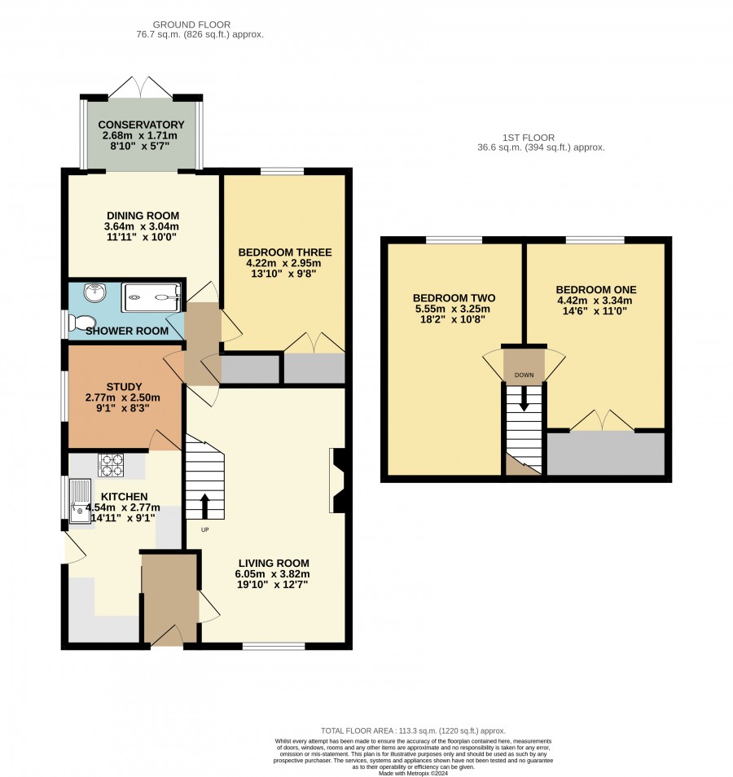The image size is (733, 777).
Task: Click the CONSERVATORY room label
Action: [x=141, y=125]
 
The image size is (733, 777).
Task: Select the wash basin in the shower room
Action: [x=94, y=292]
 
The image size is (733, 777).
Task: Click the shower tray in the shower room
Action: [x=151, y=297]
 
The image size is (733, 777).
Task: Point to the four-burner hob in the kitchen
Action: [x=111, y=465]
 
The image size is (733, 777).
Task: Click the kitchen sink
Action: [x=80, y=501]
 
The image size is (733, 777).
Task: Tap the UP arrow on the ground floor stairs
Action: [x=204, y=506]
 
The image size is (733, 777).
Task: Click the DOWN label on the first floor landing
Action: [x=524, y=375]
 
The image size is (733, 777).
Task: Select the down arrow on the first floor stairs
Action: [x=524, y=399]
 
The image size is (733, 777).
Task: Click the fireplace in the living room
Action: [x=337, y=481]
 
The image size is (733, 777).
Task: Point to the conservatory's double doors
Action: [x=141, y=87]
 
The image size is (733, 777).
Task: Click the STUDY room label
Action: [x=124, y=387]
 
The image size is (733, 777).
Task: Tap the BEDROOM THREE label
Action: [x=285, y=252]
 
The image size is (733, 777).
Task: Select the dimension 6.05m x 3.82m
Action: [x=273, y=574]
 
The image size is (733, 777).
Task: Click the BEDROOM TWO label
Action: [x=454, y=298]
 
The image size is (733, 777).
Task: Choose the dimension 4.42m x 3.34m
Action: [x=595, y=301]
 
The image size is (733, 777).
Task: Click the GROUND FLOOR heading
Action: [x=191, y=24]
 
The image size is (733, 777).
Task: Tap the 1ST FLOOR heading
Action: [x=529, y=138]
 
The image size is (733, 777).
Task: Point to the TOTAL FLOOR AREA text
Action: [x=413, y=731]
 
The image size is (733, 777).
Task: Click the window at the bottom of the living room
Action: [x=274, y=646]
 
